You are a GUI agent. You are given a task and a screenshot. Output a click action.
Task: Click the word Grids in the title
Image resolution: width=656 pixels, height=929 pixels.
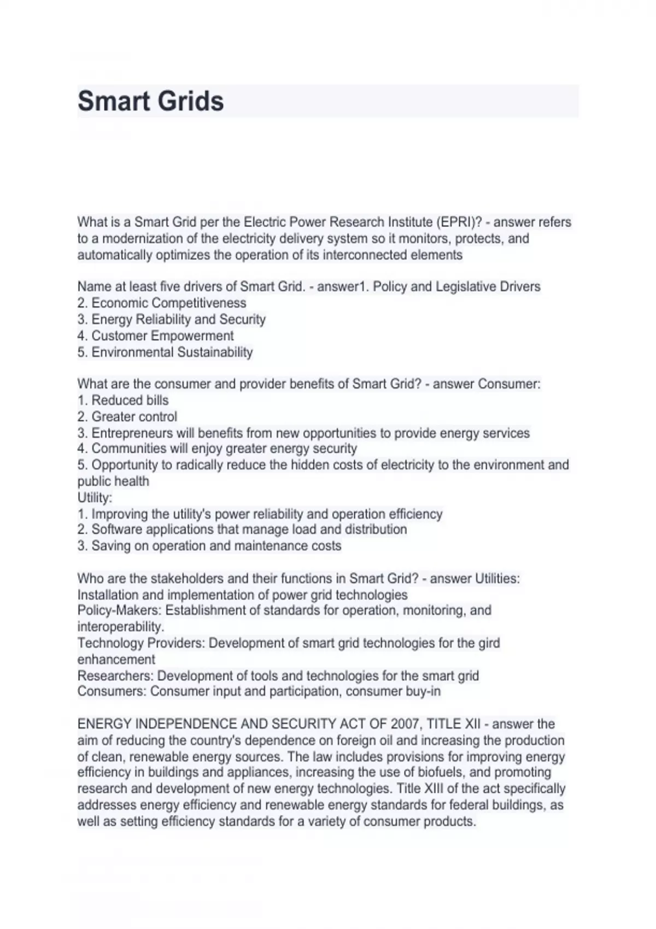point(195,101)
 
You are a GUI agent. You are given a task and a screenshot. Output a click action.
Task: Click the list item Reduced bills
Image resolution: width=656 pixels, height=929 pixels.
point(130,400)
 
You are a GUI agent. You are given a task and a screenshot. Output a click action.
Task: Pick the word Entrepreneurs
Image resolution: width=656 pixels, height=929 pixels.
point(132,433)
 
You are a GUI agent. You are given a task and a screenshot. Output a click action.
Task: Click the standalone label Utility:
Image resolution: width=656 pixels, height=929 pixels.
point(95,497)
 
